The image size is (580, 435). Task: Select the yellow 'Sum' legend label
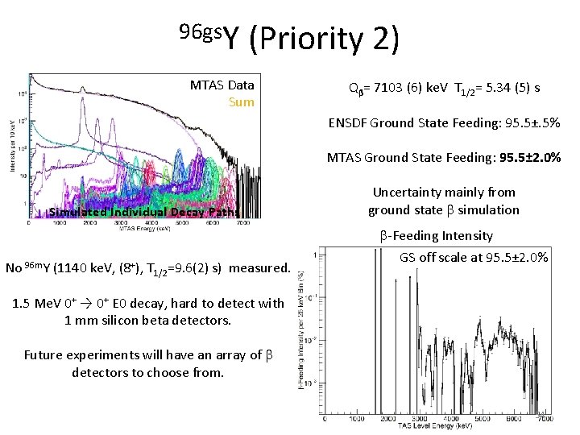click(x=241, y=102)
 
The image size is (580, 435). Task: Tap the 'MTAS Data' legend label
click(x=222, y=85)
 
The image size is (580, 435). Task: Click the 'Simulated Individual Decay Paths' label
click(x=151, y=213)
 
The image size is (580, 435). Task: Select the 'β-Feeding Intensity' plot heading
click(x=443, y=235)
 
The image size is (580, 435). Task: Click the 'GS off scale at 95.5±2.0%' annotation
click(x=474, y=258)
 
